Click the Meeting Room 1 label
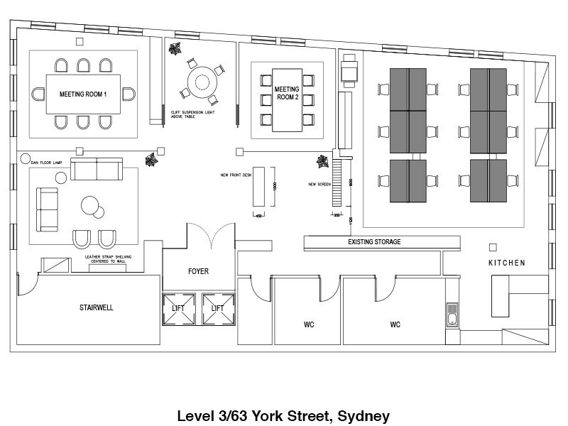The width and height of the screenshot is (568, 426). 83,94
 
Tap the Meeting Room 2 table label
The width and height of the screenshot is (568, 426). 288,93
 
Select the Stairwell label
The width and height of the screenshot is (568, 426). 97,308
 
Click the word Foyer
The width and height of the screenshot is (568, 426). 198,271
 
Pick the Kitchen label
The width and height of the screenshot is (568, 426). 506,263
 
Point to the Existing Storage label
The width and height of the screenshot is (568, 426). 374,242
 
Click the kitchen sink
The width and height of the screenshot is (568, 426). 452,312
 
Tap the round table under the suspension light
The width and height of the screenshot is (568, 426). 202,78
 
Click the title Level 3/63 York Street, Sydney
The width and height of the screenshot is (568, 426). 283,415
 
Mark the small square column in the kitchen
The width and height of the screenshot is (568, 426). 493,247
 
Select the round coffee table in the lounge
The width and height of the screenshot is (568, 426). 92,206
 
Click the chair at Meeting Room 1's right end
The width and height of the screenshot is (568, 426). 129,93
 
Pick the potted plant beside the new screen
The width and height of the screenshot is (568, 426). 322,161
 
